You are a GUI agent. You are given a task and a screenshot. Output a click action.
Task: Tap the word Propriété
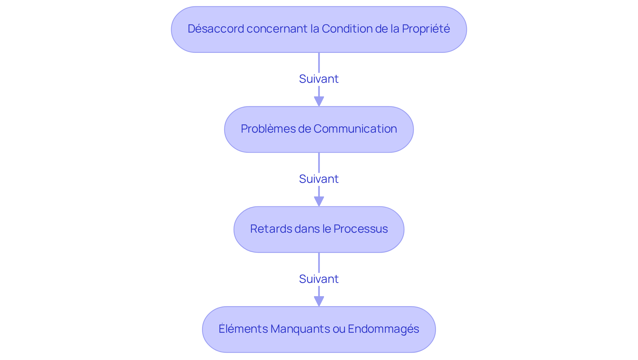(x=426, y=29)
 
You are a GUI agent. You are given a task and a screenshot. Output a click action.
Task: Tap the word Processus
(x=361, y=229)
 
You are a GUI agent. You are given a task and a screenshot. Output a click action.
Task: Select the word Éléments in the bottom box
(x=243, y=329)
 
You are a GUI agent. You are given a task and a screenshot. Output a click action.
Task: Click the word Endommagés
(x=383, y=329)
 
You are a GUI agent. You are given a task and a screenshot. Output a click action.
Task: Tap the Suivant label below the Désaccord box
(x=319, y=79)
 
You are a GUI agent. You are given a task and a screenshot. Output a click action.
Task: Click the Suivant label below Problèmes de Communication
(x=319, y=179)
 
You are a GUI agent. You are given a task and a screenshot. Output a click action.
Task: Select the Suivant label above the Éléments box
(x=319, y=279)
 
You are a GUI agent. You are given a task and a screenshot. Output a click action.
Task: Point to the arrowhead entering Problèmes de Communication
(x=319, y=101)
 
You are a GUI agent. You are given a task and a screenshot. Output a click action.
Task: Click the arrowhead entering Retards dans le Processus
(x=319, y=201)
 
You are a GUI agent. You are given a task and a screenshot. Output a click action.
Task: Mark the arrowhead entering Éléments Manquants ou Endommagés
(x=319, y=301)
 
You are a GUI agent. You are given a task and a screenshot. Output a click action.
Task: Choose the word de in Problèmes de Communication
(x=304, y=129)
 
